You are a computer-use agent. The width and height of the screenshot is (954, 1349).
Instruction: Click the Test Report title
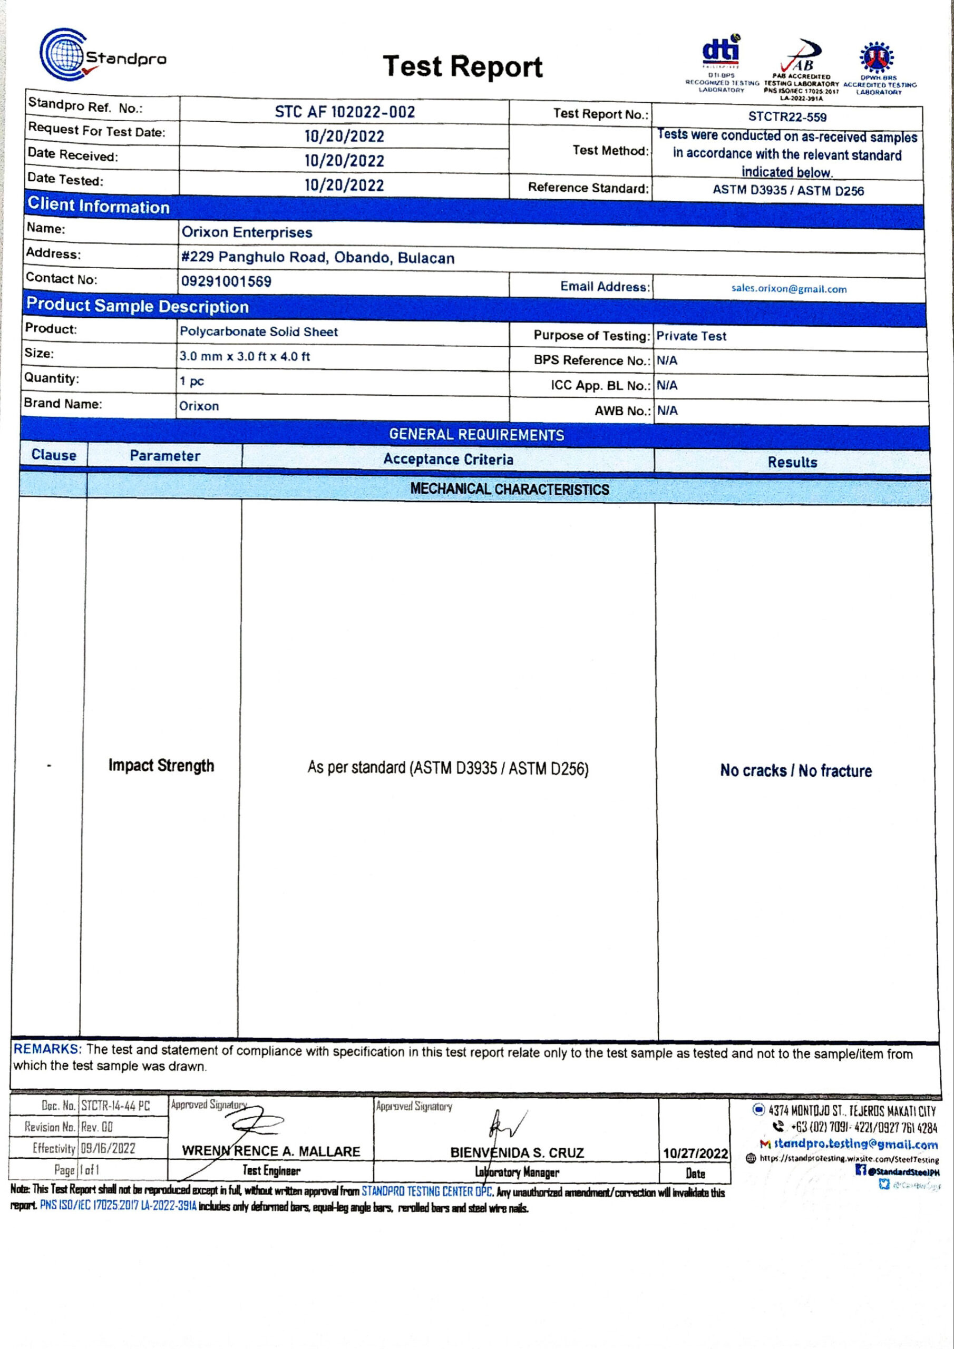click(462, 66)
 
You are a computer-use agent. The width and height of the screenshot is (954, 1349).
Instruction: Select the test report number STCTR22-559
click(787, 117)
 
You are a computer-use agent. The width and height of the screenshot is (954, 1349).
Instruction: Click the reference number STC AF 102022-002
click(345, 112)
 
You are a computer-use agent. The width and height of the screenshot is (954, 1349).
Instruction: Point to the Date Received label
click(72, 155)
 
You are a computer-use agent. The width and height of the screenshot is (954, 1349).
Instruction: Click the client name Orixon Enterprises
click(246, 232)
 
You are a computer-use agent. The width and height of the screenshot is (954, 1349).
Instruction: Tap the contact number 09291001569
click(226, 281)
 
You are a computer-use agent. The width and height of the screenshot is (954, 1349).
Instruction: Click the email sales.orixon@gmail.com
click(789, 288)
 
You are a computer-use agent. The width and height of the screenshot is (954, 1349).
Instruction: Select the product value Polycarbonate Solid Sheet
click(259, 331)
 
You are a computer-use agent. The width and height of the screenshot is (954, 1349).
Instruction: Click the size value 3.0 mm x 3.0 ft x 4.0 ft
click(245, 356)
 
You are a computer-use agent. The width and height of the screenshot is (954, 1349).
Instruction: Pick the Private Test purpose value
click(691, 336)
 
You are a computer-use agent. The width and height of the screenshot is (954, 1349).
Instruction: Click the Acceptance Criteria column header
click(448, 460)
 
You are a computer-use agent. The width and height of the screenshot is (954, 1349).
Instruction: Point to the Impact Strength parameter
click(161, 766)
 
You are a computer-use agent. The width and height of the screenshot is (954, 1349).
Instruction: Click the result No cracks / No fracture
click(796, 770)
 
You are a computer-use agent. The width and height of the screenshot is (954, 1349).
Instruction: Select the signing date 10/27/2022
click(695, 1154)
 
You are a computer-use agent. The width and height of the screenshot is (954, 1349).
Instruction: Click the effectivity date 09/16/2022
click(108, 1148)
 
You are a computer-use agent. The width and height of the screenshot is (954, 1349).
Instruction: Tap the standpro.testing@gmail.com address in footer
click(856, 1143)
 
